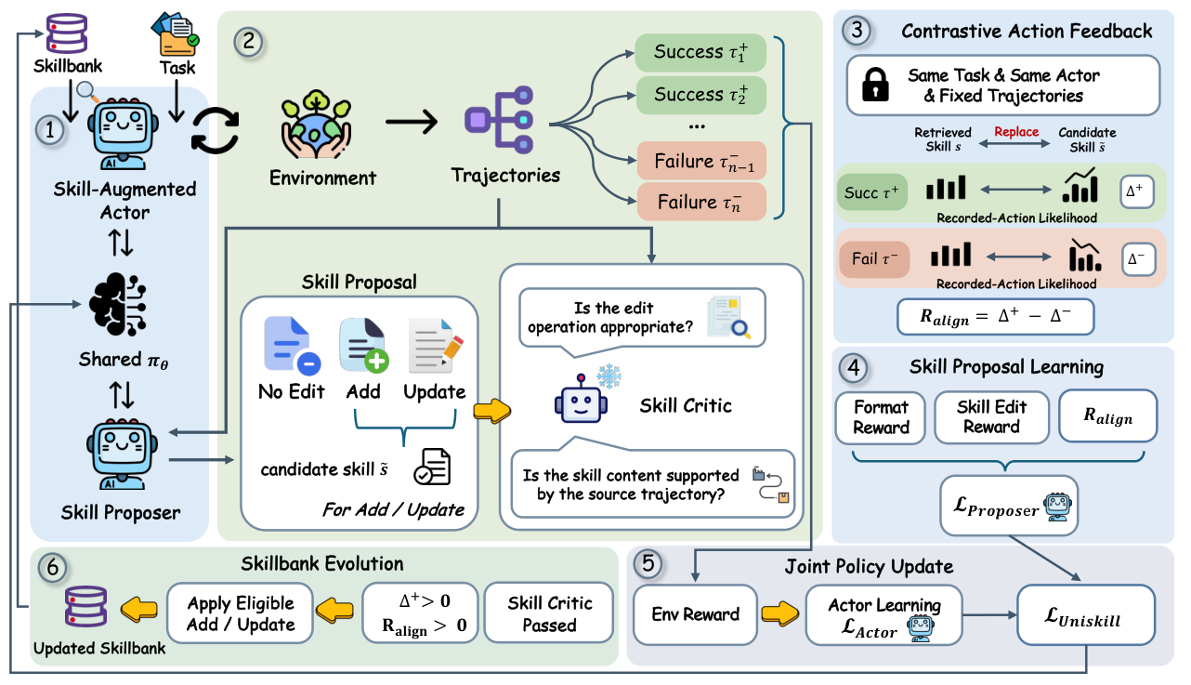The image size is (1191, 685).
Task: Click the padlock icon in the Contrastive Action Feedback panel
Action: pos(875,84)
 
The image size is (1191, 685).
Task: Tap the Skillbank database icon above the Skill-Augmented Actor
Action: pos(67,33)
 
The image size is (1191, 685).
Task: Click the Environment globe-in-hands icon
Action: pos(316,125)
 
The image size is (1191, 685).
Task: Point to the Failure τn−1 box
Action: pos(701,161)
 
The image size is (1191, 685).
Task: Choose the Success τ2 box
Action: pos(700,95)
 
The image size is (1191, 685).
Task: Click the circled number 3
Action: pos(857,31)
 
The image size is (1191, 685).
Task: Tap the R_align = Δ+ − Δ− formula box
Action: pos(995,316)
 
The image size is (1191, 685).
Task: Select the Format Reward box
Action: pos(881,417)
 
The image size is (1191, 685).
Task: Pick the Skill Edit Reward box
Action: pos(991,417)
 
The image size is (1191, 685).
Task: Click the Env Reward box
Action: pos(695,614)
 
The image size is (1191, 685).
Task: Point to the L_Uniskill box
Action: pos(1086,615)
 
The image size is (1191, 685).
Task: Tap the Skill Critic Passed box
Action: pos(549,613)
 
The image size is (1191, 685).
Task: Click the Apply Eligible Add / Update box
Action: pos(241,613)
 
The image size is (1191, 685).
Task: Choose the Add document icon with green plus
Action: pos(363,345)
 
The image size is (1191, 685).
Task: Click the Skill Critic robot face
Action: pos(581,400)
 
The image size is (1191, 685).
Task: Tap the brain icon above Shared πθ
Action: pos(118,304)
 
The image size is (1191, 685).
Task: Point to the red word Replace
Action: pos(1016,132)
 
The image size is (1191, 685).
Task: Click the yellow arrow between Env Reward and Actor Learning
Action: pos(780,613)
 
